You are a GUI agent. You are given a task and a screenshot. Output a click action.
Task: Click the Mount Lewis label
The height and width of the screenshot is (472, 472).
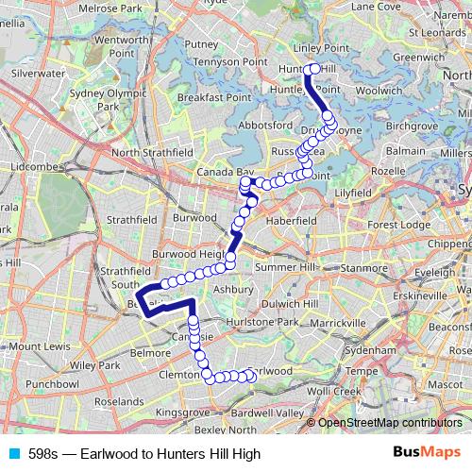click(x=39, y=346)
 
